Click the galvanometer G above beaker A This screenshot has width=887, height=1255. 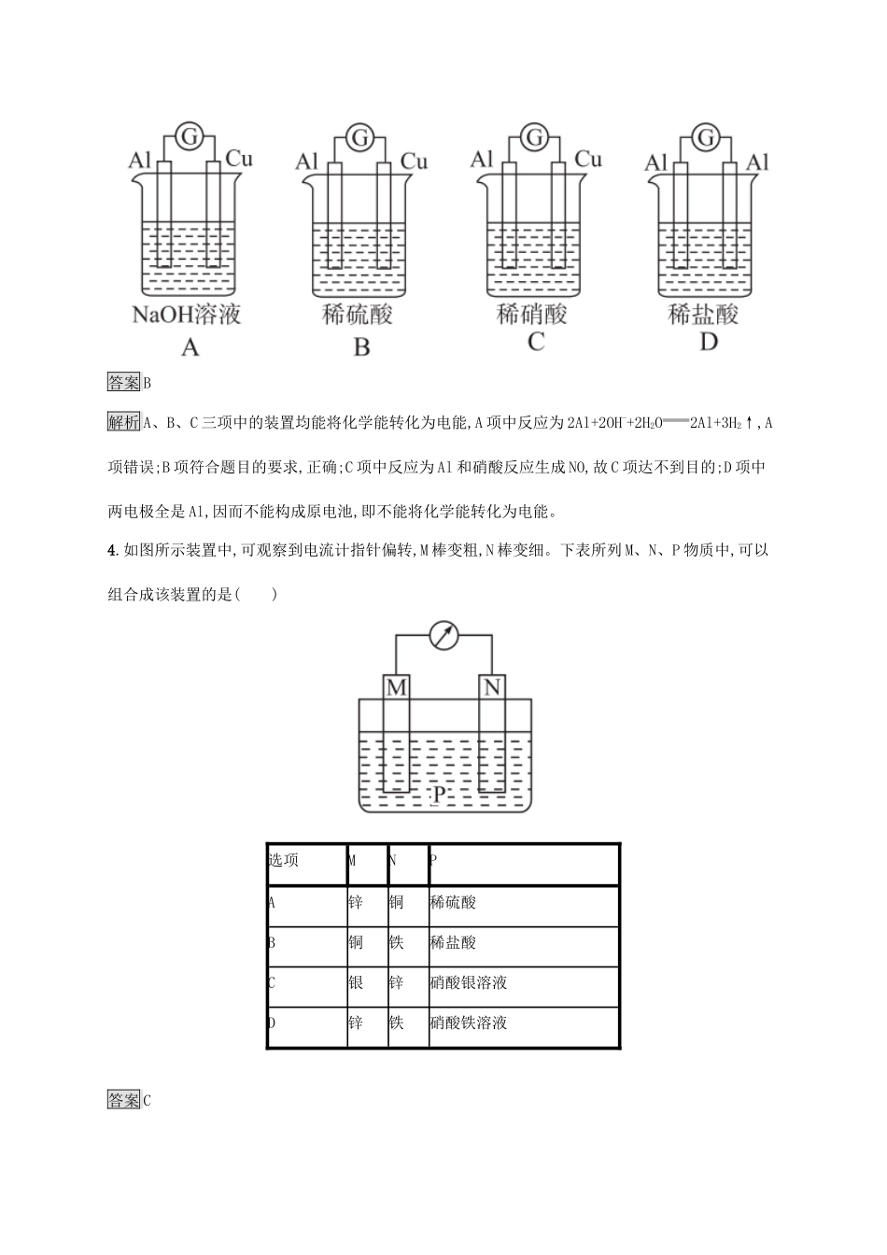[x=189, y=138]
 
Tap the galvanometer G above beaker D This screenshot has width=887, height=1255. [x=707, y=138]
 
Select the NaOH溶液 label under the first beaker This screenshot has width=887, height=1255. [x=187, y=314]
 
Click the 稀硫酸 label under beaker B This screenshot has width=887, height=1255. [x=358, y=314]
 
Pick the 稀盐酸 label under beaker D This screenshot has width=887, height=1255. [x=704, y=314]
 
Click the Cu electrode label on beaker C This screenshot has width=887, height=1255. [x=588, y=160]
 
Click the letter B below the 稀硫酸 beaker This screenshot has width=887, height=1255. [x=361, y=348]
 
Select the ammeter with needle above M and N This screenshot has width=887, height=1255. [x=443, y=636]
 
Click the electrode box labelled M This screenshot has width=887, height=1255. [x=397, y=688]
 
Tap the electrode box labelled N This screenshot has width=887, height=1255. [x=492, y=688]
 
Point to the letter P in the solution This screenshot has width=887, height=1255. [x=440, y=794]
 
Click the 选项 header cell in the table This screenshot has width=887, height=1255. [x=284, y=860]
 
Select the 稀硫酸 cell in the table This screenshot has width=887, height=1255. [x=454, y=902]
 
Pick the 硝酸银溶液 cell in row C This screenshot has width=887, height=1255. [x=469, y=982]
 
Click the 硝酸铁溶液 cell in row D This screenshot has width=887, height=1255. [x=469, y=1022]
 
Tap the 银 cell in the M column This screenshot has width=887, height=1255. [x=356, y=982]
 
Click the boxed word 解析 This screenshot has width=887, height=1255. [x=124, y=422]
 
